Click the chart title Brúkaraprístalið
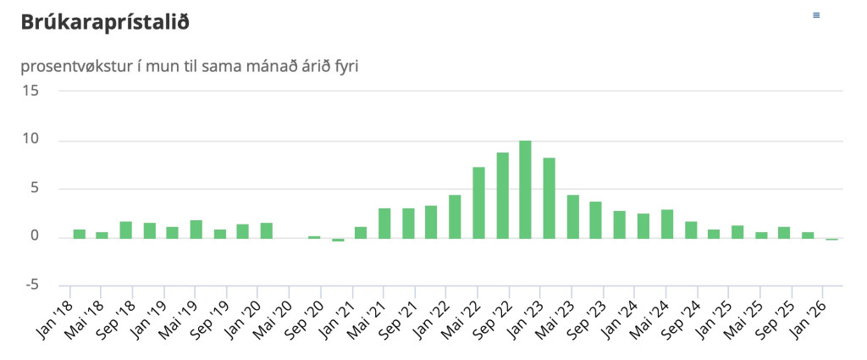(x=104, y=23)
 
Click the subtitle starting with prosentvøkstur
(x=188, y=65)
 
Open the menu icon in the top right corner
(x=816, y=15)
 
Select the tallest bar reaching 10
(x=525, y=189)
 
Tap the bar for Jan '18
(x=79, y=233)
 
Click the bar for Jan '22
(x=455, y=216)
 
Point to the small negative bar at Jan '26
(x=831, y=239)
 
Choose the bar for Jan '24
(x=643, y=225)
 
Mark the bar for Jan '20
(x=267, y=230)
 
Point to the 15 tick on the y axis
(x=30, y=91)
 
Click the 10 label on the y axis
(x=30, y=139)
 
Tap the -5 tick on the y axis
(x=30, y=285)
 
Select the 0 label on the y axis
(x=35, y=236)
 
